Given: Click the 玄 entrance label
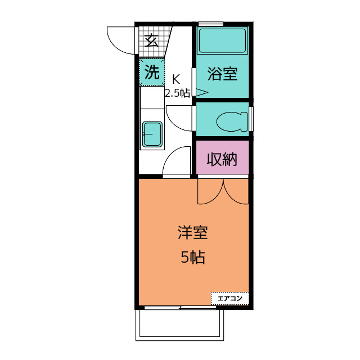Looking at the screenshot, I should [x=151, y=40].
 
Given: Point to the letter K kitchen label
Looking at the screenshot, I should [x=176, y=79].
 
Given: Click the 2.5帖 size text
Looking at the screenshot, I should [x=177, y=93].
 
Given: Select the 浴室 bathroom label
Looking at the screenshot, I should [x=222, y=74].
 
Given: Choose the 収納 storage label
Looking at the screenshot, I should [x=222, y=159].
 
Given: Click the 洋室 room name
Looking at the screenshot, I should [x=192, y=232].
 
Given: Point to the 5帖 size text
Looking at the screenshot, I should [x=192, y=258].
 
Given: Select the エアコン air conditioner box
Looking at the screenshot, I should [x=229, y=298].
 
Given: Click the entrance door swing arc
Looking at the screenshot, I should [x=119, y=40].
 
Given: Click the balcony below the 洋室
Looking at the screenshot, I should [x=180, y=325].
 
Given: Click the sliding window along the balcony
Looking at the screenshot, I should [x=180, y=308].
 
